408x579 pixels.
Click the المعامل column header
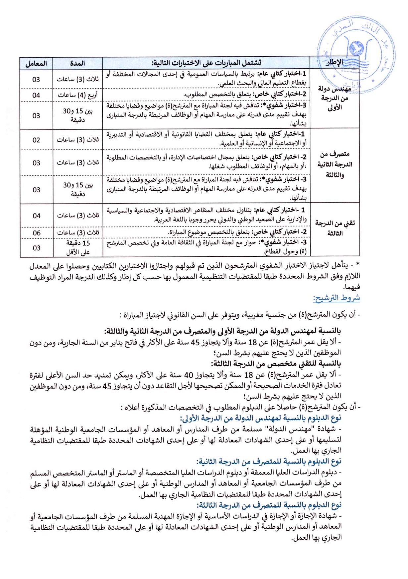point(36,63)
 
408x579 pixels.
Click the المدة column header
point(77,63)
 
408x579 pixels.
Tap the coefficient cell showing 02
point(36,140)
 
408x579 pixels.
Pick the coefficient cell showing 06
point(36,233)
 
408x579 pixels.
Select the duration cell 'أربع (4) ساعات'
point(77,95)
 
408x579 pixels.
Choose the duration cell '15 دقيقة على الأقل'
point(78,248)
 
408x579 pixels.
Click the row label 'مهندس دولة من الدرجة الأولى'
point(334,98)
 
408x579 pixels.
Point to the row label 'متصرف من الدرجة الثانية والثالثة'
point(334,164)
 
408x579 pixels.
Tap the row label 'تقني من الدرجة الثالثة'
point(334,228)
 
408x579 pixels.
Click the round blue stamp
point(356,53)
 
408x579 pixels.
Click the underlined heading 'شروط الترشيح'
point(336,298)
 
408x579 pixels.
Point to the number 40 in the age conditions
point(188,375)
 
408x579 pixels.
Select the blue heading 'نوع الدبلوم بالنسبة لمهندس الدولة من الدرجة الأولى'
point(260,418)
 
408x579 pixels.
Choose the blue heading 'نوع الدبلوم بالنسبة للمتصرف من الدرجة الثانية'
point(269,461)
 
